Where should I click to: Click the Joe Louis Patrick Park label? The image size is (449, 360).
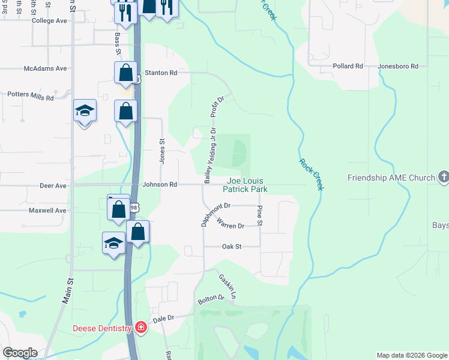point(245,185)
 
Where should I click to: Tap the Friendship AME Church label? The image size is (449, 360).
point(391,178)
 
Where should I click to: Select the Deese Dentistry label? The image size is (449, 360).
point(102,328)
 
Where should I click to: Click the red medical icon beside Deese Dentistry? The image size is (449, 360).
point(141,328)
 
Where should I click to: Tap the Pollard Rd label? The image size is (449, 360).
point(348,66)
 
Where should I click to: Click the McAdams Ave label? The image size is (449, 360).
point(46,68)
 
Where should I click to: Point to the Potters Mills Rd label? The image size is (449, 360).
point(30,95)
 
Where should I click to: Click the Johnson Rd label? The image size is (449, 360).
point(160,185)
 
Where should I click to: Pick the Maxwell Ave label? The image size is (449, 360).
point(47,211)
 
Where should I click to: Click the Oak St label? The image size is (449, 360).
point(231,246)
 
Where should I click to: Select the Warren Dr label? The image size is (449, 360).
point(232,226)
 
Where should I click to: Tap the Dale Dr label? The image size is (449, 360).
point(163,318)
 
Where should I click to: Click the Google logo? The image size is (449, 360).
point(20,353)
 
